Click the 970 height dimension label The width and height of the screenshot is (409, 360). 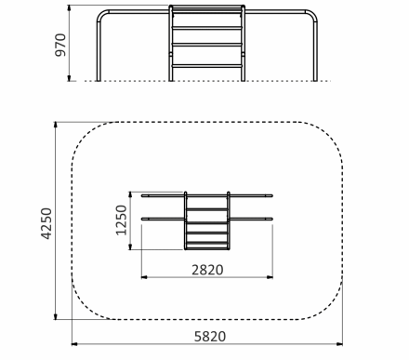[60, 45]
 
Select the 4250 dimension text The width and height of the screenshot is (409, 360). [46, 223]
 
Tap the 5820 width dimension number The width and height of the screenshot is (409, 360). [210, 337]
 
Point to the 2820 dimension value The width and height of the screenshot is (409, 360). [207, 270]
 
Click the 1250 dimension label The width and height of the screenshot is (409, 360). [122, 220]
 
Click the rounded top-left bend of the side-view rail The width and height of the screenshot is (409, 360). [101, 15]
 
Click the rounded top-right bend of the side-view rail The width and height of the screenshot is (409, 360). [312, 15]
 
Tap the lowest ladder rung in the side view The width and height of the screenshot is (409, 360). [206, 66]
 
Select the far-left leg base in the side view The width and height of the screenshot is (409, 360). [99, 79]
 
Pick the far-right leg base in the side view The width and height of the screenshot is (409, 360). [315, 79]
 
